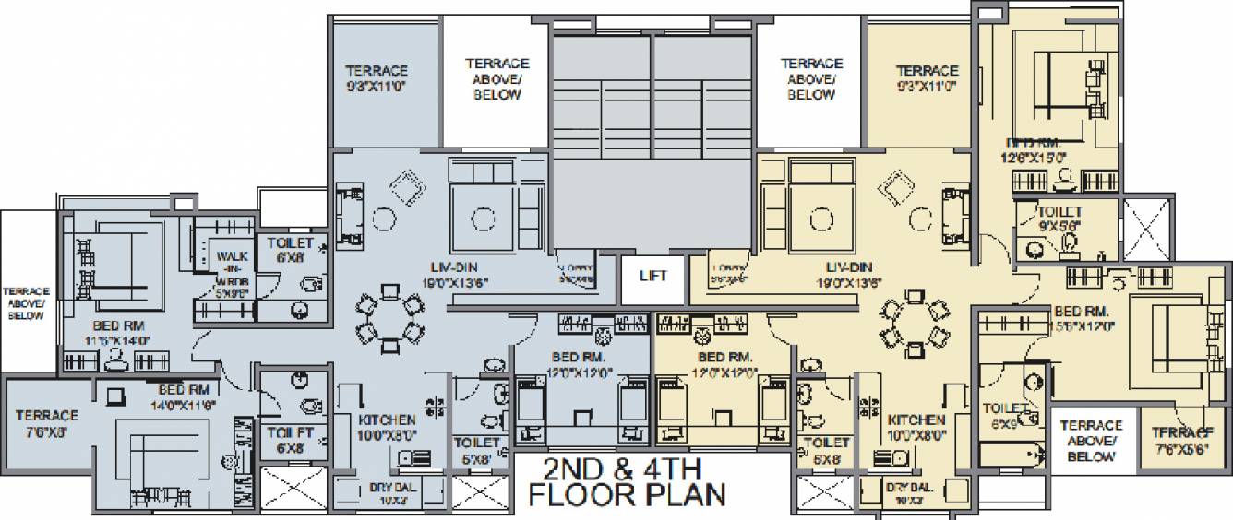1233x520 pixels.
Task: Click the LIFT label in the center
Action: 652,276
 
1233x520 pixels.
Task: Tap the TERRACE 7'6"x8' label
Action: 47,422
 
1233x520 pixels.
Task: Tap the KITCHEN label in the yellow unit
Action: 915,427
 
